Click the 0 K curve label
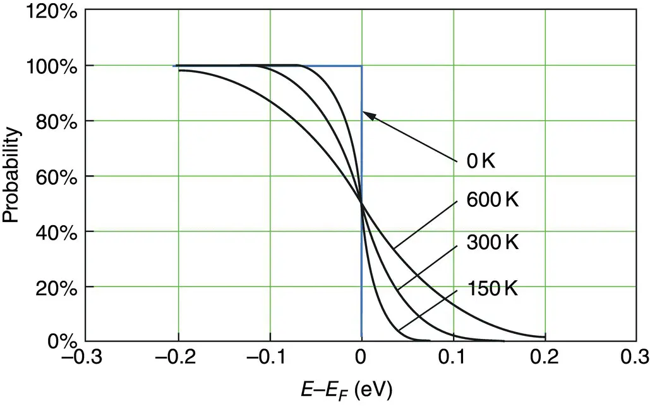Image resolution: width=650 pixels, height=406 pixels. point(481,161)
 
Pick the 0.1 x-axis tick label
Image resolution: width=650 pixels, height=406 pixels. point(454,359)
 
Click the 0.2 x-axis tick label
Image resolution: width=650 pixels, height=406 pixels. point(545,359)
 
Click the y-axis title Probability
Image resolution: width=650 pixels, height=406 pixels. point(11,175)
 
